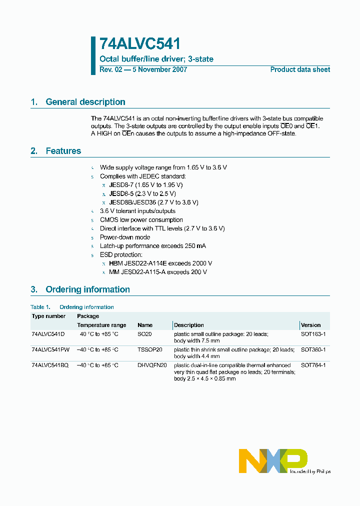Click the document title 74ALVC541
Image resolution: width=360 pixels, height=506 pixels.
click(x=140, y=43)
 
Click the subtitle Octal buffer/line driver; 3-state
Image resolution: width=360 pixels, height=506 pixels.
click(x=156, y=59)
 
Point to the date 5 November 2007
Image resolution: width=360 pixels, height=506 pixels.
click(x=159, y=69)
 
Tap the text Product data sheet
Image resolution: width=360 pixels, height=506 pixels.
click(x=300, y=69)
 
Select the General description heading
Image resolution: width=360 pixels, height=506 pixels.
click(x=85, y=102)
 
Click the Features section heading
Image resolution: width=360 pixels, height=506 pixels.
click(x=63, y=151)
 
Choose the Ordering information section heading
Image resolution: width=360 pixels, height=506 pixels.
click(x=87, y=289)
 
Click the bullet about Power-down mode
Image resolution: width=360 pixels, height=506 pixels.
click(x=124, y=237)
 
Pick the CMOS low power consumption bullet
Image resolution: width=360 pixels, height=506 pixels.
click(x=141, y=220)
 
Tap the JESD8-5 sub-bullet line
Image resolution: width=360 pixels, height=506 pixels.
click(x=142, y=193)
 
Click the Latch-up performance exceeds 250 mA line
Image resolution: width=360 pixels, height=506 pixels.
click(x=152, y=246)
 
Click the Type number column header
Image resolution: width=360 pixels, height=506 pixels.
click(x=48, y=316)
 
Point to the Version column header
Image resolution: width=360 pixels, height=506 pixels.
click(x=310, y=325)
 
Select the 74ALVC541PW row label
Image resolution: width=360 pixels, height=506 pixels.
click(x=51, y=349)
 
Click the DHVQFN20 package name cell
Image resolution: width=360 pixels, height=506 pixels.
click(x=151, y=365)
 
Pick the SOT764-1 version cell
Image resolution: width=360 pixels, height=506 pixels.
click(x=313, y=365)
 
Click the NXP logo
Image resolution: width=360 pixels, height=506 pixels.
click(x=272, y=460)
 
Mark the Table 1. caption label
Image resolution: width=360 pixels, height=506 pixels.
click(x=40, y=307)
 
